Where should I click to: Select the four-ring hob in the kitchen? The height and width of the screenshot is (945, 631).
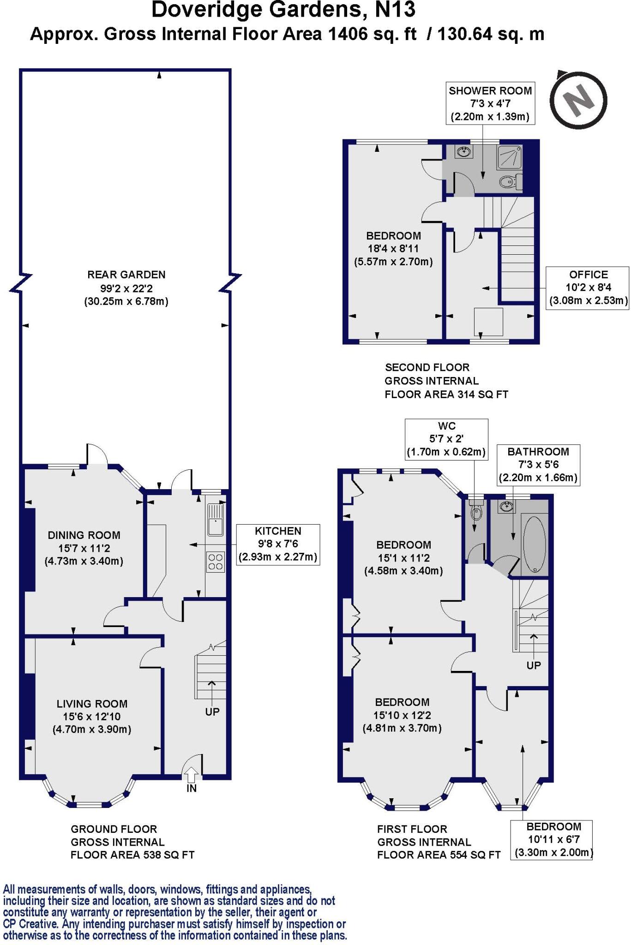pyautogui.click(x=215, y=562)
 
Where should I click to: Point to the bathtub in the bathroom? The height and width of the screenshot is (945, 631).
pyautogui.click(x=535, y=545)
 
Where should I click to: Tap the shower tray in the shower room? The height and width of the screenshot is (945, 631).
pyautogui.click(x=509, y=157)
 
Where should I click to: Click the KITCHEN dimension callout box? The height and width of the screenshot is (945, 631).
pyautogui.click(x=278, y=544)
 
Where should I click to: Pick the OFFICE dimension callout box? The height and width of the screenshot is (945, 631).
pyautogui.click(x=588, y=288)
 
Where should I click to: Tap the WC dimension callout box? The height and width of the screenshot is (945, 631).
pyautogui.click(x=446, y=439)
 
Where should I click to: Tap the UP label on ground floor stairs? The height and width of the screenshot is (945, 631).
pyautogui.click(x=212, y=712)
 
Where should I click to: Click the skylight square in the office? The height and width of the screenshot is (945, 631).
pyautogui.click(x=488, y=322)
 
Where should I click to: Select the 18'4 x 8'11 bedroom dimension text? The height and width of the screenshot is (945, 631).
pyautogui.click(x=393, y=249)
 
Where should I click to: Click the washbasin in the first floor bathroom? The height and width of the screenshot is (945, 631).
pyautogui.click(x=506, y=507)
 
